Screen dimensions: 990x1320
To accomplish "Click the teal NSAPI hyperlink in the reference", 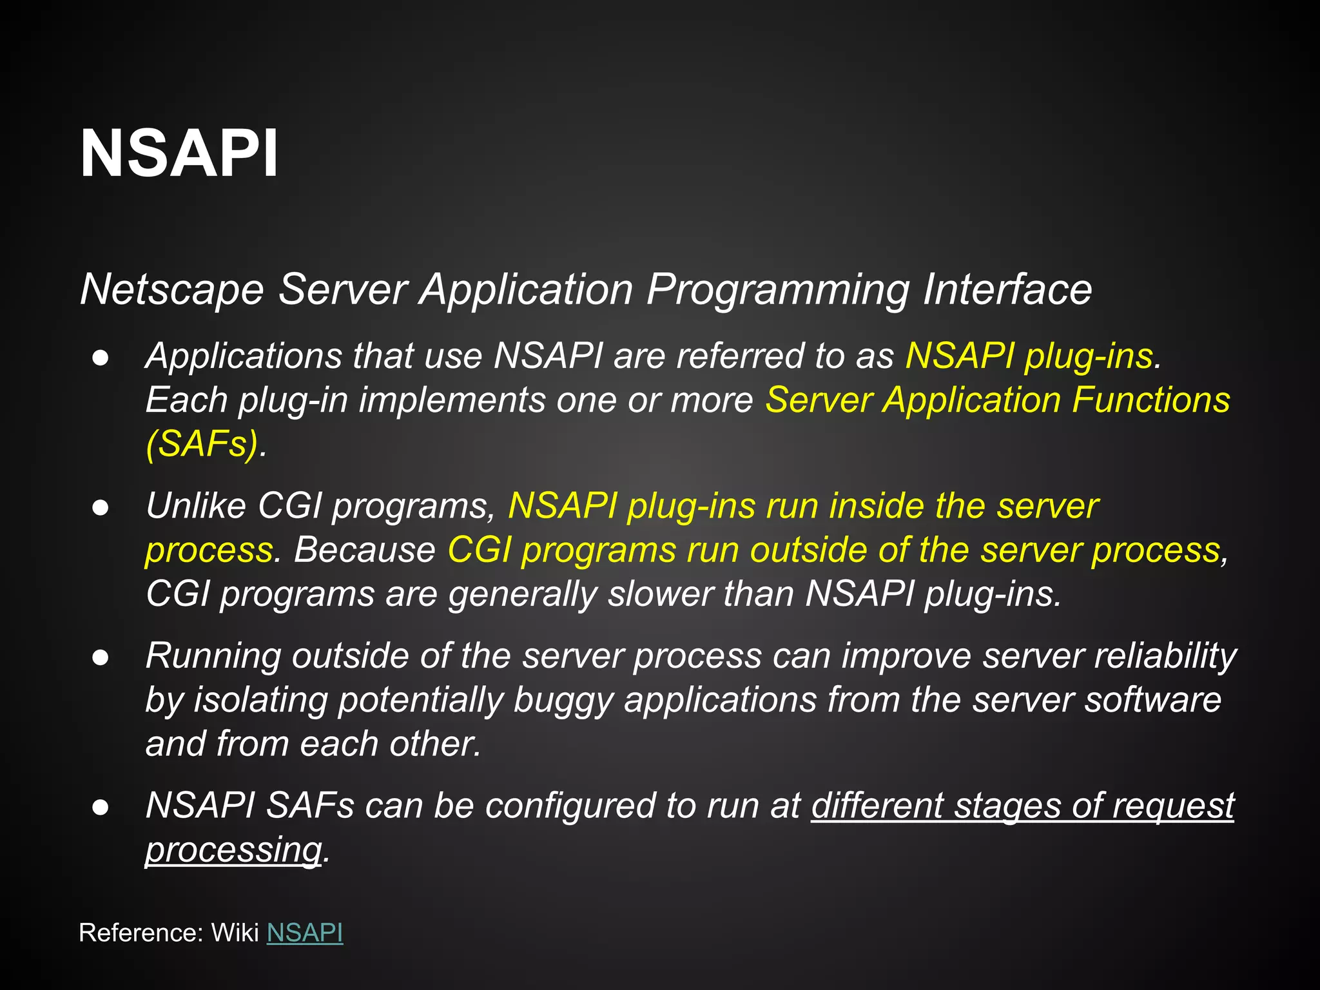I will point(304,933).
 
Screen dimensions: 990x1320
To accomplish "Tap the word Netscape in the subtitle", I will point(171,289).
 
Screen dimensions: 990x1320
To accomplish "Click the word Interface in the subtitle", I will point(1007,289).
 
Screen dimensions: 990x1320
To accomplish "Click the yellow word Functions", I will point(1151,400).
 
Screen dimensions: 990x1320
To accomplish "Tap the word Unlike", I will point(196,505).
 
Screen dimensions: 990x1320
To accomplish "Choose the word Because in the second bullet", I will point(365,550).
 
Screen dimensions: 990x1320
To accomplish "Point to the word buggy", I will point(563,701).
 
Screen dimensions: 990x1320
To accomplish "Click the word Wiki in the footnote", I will point(235,933).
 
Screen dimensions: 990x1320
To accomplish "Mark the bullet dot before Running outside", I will point(101,657).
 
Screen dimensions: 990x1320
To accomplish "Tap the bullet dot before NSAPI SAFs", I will point(101,808).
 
